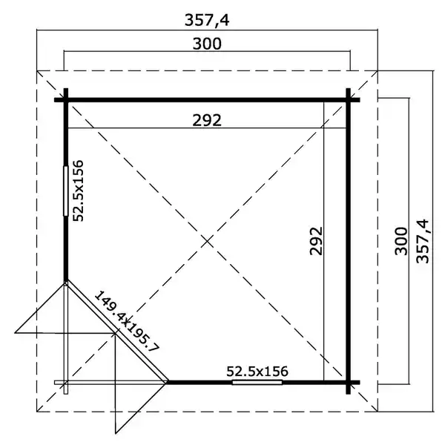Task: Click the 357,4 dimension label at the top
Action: point(207,20)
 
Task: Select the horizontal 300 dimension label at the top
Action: point(207,44)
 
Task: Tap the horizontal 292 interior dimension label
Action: point(207,120)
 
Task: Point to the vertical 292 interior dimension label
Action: point(316,240)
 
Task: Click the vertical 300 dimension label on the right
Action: point(401,240)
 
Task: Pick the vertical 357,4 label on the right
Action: point(423,241)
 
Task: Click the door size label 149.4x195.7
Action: point(127,321)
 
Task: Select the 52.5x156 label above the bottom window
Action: point(257,372)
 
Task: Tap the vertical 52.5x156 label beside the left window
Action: point(79,191)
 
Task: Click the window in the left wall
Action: point(66,191)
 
